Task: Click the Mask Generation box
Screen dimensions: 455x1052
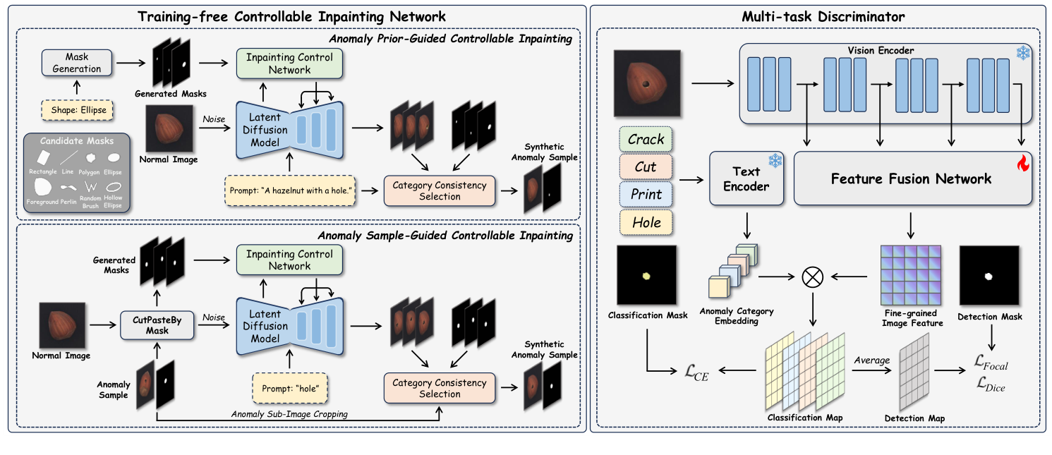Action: (73, 63)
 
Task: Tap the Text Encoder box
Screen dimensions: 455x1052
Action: (746, 178)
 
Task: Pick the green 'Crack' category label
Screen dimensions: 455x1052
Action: (646, 140)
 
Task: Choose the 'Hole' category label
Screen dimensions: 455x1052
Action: (646, 222)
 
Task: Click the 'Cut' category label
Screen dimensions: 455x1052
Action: (646, 167)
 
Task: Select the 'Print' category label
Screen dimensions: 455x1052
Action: (646, 195)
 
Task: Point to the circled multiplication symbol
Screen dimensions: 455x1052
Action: (813, 278)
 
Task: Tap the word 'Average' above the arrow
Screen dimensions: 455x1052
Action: (871, 360)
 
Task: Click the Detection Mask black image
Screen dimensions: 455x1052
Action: (989, 276)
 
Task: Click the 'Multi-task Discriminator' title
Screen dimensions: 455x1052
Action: (818, 15)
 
